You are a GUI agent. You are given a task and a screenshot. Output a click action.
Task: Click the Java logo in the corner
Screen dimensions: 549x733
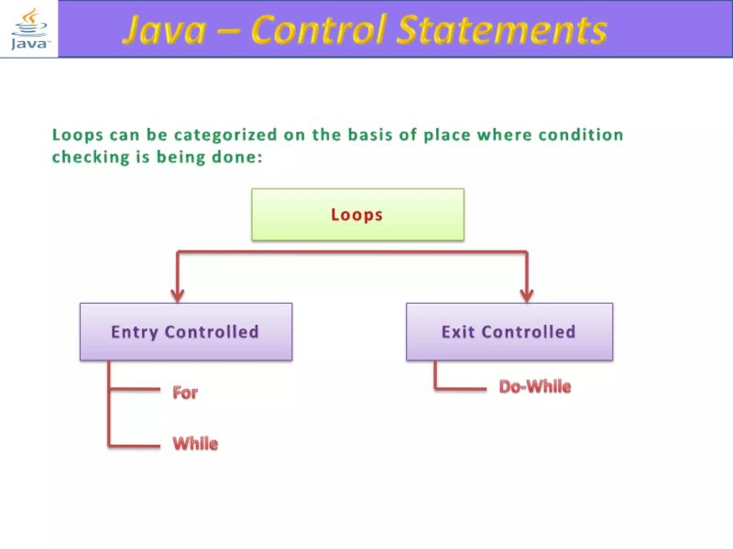point(28,29)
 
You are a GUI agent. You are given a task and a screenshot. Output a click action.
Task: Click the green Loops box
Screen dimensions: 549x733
point(357,215)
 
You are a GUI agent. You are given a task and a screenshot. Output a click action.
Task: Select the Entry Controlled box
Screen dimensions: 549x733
point(185,331)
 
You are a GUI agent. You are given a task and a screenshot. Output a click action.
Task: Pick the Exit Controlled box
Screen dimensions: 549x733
point(509,331)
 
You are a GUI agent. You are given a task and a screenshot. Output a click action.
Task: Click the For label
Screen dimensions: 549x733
point(185,393)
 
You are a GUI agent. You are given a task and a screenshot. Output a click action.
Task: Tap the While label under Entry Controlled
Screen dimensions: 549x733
point(195,444)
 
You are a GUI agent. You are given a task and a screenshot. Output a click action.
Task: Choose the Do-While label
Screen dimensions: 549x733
point(534,387)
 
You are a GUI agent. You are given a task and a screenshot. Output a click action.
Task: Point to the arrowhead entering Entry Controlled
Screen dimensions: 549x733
point(178,294)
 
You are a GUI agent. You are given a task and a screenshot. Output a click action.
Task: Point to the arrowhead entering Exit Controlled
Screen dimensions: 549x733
point(527,294)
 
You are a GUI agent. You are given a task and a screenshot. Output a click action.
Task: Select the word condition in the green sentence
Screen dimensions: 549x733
point(580,135)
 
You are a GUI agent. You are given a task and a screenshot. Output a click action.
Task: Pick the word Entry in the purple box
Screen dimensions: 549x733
point(135,332)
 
